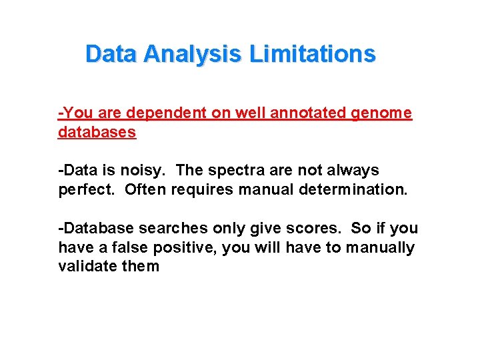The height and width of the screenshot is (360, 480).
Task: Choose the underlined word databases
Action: point(97,132)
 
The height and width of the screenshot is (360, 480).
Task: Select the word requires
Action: point(203,189)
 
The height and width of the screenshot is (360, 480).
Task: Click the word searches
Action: point(183,228)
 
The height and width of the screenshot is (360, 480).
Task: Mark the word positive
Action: point(179,247)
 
